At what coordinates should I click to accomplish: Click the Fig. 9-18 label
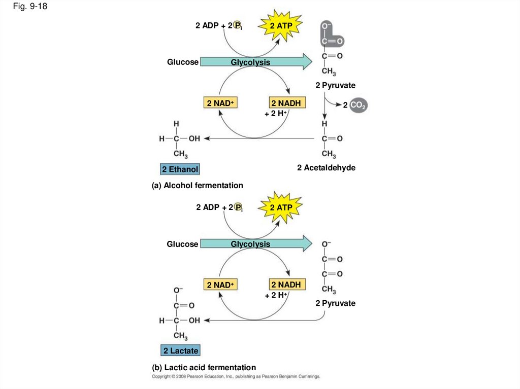[x=30, y=6]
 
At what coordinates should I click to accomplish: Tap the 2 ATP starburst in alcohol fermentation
[x=280, y=25]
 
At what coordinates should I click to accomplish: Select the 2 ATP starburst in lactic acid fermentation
[x=280, y=207]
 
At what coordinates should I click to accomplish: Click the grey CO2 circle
[x=358, y=105]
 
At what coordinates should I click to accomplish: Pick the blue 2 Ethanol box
[x=180, y=169]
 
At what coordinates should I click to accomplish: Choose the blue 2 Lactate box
[x=180, y=350]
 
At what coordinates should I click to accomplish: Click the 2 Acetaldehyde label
[x=326, y=168]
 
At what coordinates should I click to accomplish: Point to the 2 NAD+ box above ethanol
[x=220, y=103]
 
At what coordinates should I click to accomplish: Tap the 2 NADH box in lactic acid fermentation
[x=287, y=285]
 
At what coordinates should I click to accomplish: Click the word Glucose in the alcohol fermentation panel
[x=182, y=62]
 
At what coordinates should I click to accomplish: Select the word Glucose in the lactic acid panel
[x=182, y=244]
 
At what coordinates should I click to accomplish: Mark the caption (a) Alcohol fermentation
[x=198, y=186]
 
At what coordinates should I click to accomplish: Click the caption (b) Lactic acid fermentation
[x=204, y=368]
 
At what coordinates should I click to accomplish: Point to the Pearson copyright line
[x=236, y=376]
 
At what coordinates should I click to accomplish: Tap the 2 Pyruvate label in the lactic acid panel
[x=335, y=303]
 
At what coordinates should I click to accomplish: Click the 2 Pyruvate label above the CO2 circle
[x=335, y=86]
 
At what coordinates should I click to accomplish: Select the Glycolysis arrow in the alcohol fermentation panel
[x=256, y=62]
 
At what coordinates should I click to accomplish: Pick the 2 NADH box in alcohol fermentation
[x=287, y=103]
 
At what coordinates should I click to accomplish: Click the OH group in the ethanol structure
[x=194, y=138]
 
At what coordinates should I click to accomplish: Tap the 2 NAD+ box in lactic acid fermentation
[x=220, y=285]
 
